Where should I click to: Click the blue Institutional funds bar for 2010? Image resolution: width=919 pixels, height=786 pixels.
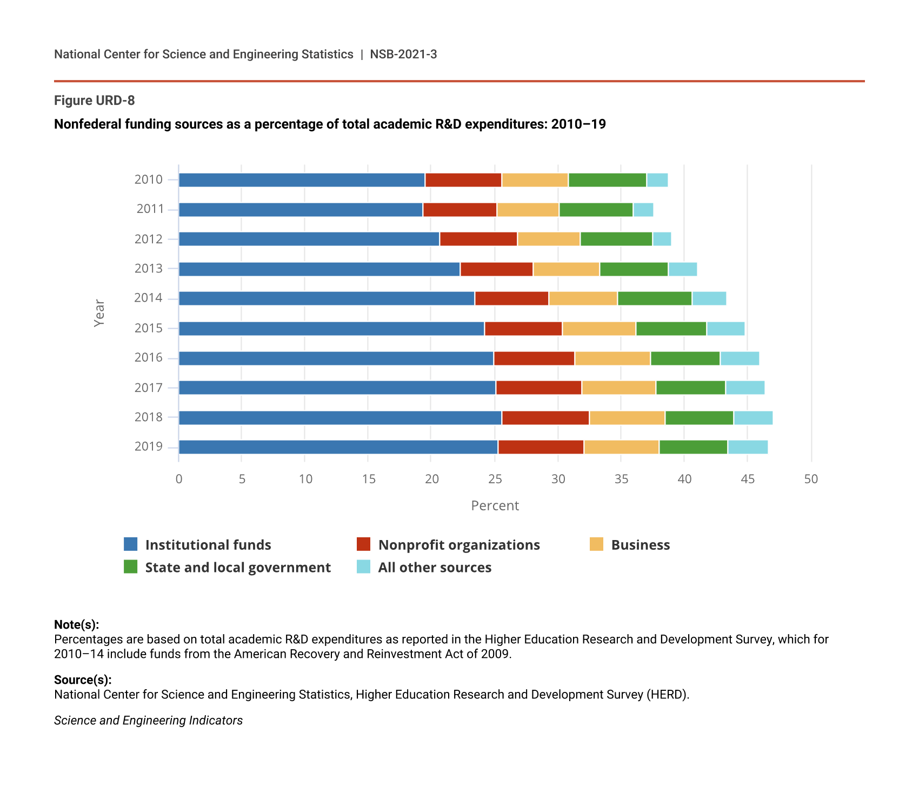pos(302,180)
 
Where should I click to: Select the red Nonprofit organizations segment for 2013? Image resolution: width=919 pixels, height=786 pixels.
pos(496,269)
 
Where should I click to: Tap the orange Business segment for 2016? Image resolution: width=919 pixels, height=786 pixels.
pos(612,358)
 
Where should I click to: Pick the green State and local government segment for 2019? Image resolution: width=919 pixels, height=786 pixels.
pos(693,447)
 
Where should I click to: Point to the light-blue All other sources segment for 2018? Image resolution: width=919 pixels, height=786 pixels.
pos(753,418)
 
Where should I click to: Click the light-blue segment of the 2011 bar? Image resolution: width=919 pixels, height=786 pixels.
pos(643,210)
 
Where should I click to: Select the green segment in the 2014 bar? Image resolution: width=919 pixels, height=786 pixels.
pos(655,298)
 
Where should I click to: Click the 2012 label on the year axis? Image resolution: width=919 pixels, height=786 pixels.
pos(149,239)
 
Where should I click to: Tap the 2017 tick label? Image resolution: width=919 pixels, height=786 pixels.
pos(149,388)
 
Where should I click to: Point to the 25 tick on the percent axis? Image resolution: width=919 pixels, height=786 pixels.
pos(495,479)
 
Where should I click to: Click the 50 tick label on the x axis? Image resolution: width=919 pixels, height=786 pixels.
pos(811,479)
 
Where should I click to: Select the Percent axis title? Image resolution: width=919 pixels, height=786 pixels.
pos(495,505)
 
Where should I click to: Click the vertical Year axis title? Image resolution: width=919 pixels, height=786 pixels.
pos(99,313)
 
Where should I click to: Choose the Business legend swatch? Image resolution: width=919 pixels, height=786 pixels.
pos(596,544)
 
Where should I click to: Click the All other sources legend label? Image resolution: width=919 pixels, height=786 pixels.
pos(435,568)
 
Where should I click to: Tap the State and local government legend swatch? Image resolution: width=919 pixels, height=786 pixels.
pos(130,567)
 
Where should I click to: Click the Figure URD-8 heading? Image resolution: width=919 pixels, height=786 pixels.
pos(95,101)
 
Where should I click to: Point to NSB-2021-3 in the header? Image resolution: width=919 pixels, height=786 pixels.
pos(403,54)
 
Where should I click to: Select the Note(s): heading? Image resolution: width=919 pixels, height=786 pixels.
pos(76,625)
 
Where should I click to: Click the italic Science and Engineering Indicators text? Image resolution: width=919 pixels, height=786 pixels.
pos(148,721)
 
